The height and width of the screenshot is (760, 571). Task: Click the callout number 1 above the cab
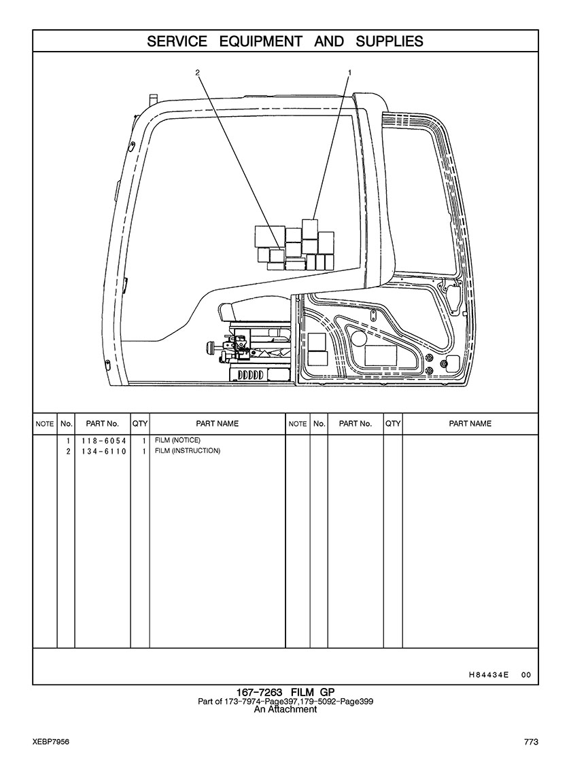pyautogui.click(x=349, y=73)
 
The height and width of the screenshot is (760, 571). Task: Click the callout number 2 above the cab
pyautogui.click(x=197, y=73)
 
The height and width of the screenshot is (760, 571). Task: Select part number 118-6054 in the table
pyautogui.click(x=103, y=441)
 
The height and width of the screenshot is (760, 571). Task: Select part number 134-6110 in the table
pyautogui.click(x=103, y=451)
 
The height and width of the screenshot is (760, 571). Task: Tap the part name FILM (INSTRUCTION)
pyautogui.click(x=187, y=451)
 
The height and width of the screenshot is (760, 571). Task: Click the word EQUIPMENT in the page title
pyautogui.click(x=260, y=41)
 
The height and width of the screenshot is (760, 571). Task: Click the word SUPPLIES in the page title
pyautogui.click(x=389, y=41)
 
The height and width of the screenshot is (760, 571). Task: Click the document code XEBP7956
pyautogui.click(x=51, y=742)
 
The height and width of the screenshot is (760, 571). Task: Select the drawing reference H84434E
pyautogui.click(x=489, y=674)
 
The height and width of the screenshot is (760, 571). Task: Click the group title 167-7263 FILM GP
pyautogui.click(x=285, y=692)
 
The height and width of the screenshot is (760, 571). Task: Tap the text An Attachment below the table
pyautogui.click(x=285, y=709)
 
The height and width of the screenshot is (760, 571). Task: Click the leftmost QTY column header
pyautogui.click(x=140, y=424)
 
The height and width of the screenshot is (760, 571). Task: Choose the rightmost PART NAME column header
pyautogui.click(x=470, y=424)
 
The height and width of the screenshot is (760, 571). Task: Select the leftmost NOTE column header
pyautogui.click(x=45, y=424)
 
